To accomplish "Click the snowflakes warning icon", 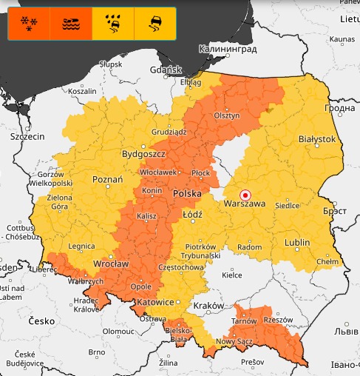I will click(x=29, y=24).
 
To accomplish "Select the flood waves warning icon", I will click(x=71, y=24).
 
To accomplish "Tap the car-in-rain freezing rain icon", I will click(x=113, y=24).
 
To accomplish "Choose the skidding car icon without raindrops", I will click(x=155, y=24).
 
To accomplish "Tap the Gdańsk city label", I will click(x=166, y=70).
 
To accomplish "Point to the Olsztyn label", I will click(x=226, y=115).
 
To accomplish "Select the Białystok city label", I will click(x=316, y=138).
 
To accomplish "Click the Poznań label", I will click(x=107, y=179).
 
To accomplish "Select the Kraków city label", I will click(x=207, y=305).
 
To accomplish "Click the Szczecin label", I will click(x=27, y=137).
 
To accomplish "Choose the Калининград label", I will click(x=227, y=49).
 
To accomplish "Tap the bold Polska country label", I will click(x=188, y=193).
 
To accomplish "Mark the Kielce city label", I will click(x=232, y=275).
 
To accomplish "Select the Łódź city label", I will click(x=192, y=213).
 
